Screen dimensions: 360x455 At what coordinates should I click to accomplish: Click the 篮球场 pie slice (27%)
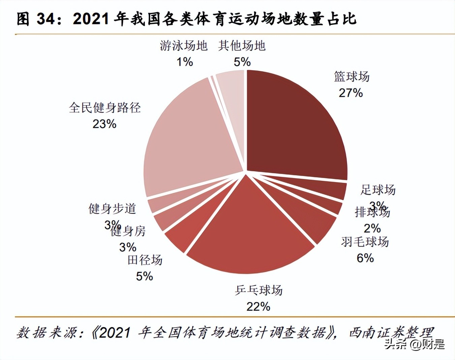tap(297, 128)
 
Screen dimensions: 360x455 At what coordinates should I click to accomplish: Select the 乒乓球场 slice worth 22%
tap(249, 236)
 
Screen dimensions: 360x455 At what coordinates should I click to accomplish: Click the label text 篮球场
tap(352, 77)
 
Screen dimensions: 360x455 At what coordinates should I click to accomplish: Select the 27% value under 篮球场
tap(351, 93)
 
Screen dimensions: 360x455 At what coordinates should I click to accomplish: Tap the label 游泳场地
tap(184, 46)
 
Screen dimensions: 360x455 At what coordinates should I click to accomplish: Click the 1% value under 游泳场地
tap(185, 62)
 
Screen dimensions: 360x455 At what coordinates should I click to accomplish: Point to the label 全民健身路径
tap(105, 108)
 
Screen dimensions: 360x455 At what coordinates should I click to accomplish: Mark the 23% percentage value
tap(104, 124)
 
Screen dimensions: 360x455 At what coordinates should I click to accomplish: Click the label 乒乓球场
tap(259, 290)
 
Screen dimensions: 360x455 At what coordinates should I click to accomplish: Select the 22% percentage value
tap(259, 306)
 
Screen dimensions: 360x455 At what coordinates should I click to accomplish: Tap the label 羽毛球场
tap(365, 242)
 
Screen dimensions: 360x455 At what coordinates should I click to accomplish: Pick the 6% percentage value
tap(365, 258)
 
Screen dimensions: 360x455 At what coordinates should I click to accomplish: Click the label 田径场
tap(145, 260)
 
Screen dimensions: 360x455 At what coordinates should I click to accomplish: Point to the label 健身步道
tap(112, 209)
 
